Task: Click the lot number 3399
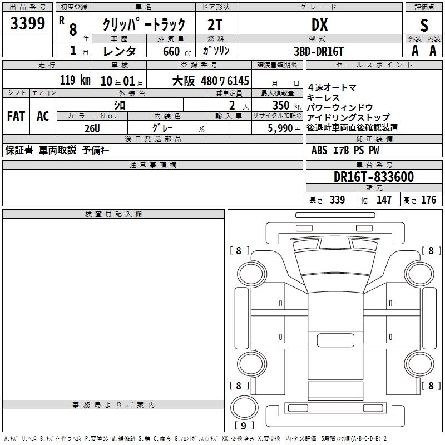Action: [x=27, y=23]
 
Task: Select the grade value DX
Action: [x=319, y=24]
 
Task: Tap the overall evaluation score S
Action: [x=424, y=26]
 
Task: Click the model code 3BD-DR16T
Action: [x=319, y=51]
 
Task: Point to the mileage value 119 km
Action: [x=75, y=80]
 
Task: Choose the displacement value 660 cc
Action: [x=177, y=52]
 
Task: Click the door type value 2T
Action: [x=215, y=24]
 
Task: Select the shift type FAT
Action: [x=16, y=116]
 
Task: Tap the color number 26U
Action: [x=92, y=128]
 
